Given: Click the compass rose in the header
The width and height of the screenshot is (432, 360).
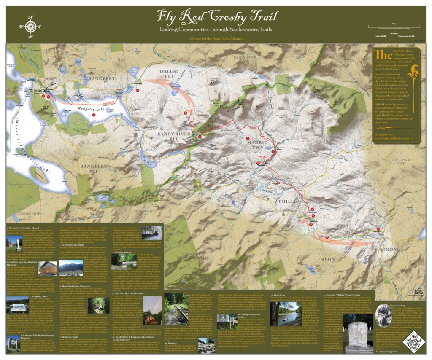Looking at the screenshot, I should [x=31, y=24].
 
